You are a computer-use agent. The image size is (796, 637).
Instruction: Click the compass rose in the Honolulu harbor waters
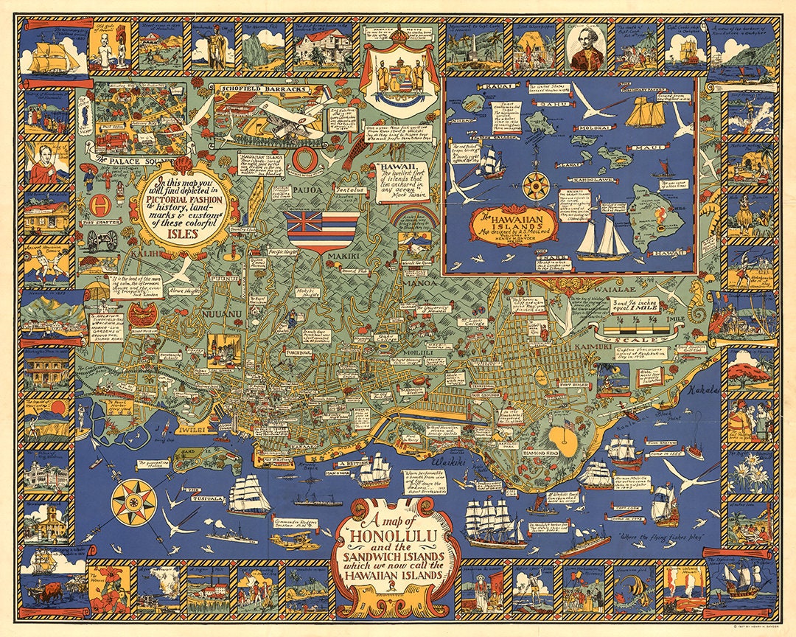[x=134, y=503]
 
